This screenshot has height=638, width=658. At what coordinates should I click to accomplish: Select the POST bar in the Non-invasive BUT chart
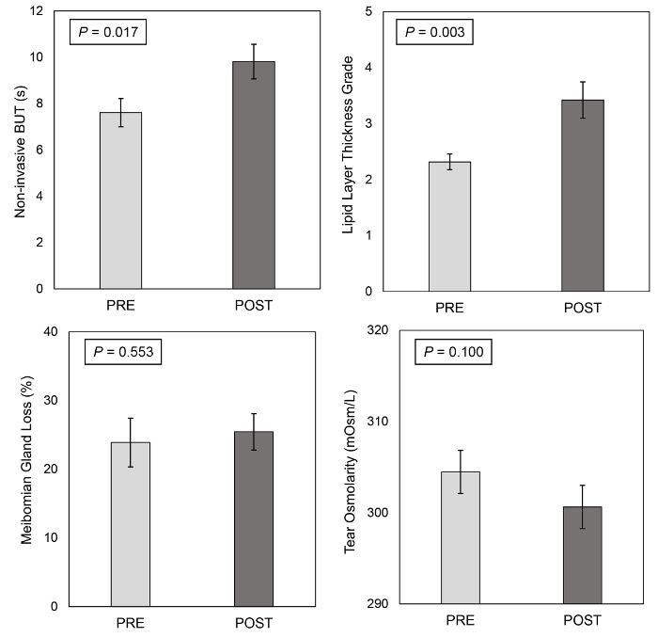pos(254,175)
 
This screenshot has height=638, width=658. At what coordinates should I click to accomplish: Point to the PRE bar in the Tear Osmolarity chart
pos(460,536)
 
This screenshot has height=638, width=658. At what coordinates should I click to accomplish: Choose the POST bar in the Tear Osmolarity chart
pos(582,554)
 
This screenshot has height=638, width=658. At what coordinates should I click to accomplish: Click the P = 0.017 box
pos(108,33)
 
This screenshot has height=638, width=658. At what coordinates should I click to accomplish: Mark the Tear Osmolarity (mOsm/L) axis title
pos(350,467)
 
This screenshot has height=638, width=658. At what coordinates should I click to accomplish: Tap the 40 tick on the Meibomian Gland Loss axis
pos(38,331)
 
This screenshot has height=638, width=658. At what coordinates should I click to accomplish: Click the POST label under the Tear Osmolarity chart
pos(582,620)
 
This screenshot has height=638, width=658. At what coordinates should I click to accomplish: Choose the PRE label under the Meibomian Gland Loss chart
pos(130,622)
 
